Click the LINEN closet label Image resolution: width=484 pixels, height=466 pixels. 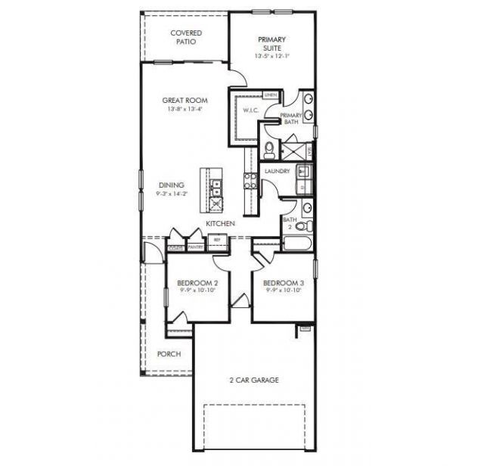click(x=269, y=95)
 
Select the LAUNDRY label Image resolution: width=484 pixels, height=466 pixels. click(x=277, y=171)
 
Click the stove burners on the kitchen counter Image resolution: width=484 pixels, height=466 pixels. click(x=250, y=180)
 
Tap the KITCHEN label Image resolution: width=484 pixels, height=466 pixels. click(x=220, y=224)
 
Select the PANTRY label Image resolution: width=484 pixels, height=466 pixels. click(x=195, y=247)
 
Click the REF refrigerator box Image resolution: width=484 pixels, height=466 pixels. click(x=217, y=241)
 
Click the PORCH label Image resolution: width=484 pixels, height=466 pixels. click(x=168, y=353)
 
